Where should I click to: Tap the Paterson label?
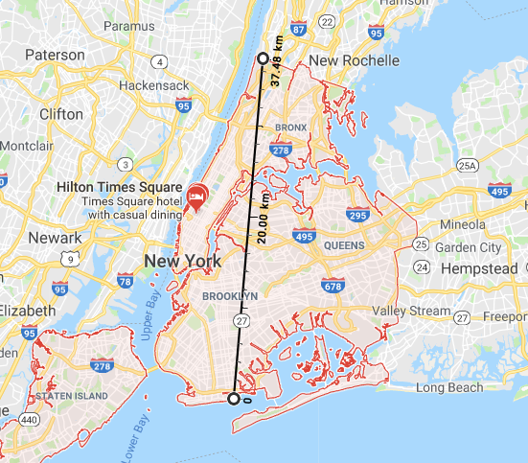coord(55,55)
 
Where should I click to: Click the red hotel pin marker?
coord(197,196)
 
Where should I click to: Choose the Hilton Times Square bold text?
coord(119,186)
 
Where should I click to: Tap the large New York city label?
coord(182,261)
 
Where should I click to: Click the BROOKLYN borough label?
coord(230,296)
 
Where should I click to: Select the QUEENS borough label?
coord(344,245)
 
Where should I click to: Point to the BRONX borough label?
coord(290,127)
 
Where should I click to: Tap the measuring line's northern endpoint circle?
coord(264,58)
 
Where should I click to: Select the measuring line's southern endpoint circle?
coord(233,398)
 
